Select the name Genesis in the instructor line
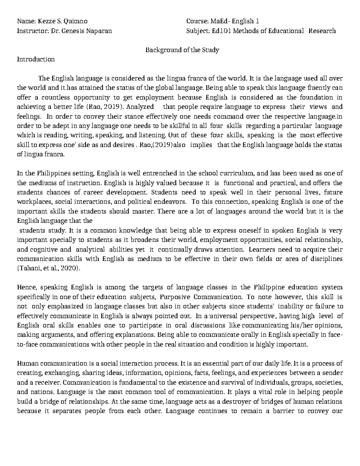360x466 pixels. [x=73, y=31]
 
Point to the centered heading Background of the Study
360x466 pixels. [x=182, y=50]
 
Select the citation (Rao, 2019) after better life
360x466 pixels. [x=107, y=107]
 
